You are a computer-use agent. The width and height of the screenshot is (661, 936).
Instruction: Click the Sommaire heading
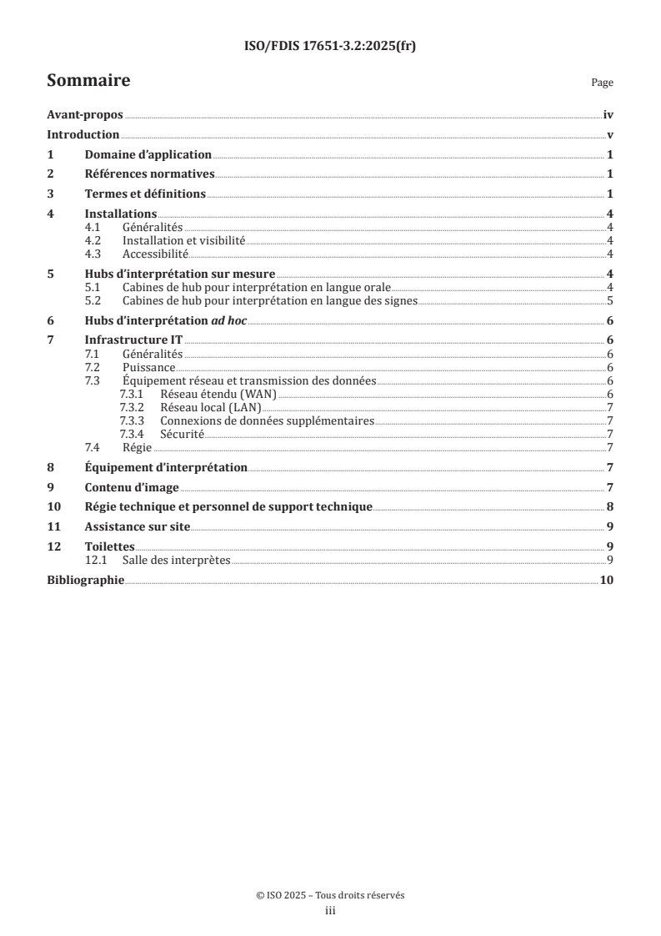[88, 81]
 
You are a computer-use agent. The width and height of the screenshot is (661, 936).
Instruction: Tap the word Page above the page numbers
[602, 83]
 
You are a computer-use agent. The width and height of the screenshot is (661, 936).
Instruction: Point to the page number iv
[608, 116]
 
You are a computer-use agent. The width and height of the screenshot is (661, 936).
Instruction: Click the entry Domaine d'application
[148, 155]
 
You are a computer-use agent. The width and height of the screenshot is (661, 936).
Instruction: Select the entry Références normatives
[150, 174]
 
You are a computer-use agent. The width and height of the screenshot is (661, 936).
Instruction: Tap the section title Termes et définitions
[145, 194]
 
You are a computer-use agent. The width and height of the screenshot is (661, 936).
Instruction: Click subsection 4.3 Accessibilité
[155, 254]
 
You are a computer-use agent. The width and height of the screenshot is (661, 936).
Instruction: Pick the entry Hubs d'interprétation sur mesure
[180, 274]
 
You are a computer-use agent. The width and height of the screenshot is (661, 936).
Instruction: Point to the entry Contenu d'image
[132, 487]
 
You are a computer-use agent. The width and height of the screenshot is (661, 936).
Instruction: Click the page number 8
[610, 506]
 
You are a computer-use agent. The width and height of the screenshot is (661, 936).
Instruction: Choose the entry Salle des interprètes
[175, 559]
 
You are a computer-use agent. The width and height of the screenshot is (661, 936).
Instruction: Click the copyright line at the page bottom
[330, 895]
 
